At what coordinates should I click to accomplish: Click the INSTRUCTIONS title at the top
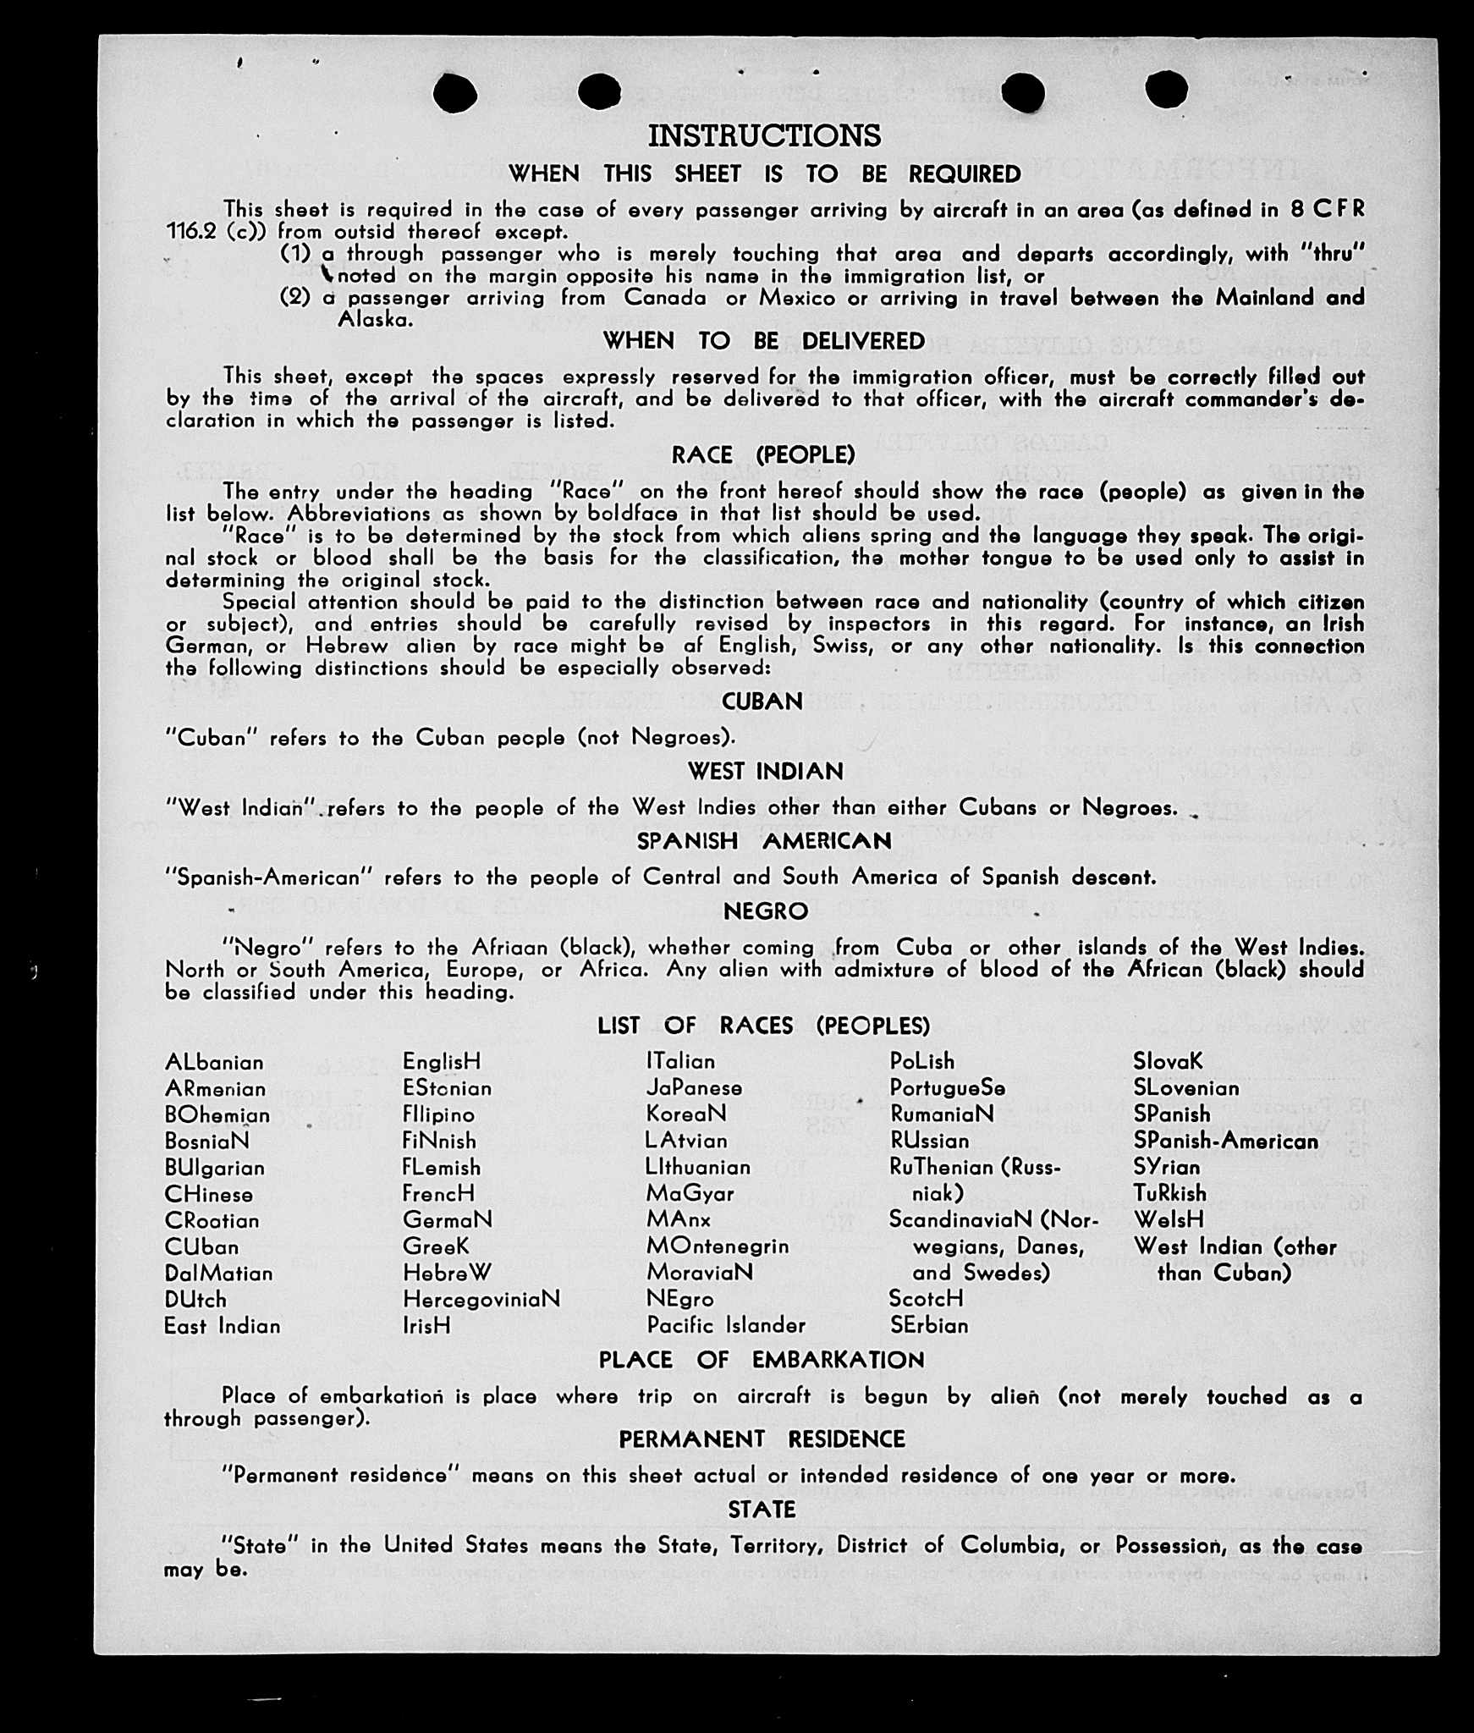click(x=764, y=135)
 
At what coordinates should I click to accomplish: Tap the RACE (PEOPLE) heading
click(x=763, y=455)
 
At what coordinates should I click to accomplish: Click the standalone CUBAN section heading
click(x=762, y=701)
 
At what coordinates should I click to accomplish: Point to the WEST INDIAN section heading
click(x=765, y=772)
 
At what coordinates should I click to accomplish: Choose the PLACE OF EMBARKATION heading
click(x=762, y=1360)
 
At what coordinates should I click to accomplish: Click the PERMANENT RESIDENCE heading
click(x=762, y=1439)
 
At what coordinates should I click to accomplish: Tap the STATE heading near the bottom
click(x=762, y=1510)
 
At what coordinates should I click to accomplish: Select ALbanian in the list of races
click(x=214, y=1062)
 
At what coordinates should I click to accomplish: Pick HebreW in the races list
click(x=447, y=1273)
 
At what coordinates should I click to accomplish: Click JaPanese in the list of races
click(x=694, y=1088)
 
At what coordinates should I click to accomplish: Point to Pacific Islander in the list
click(x=726, y=1325)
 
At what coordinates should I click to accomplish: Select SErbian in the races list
click(x=928, y=1325)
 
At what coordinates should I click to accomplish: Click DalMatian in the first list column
click(x=219, y=1274)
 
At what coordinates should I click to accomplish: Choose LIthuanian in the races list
click(x=698, y=1168)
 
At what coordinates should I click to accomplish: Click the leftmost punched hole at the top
click(x=455, y=91)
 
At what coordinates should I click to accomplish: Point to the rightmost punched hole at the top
click(x=1166, y=89)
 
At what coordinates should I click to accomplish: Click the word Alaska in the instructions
click(x=375, y=320)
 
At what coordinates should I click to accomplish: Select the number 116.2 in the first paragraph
click(x=191, y=232)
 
